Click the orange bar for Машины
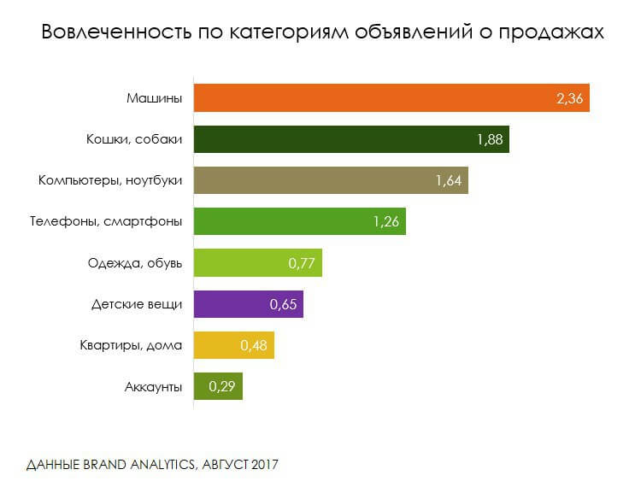tap(376, 98)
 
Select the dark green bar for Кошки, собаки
tap(342, 139)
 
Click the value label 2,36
tap(569, 99)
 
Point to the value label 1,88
tap(489, 140)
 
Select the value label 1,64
tap(449, 181)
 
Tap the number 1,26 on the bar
tap(386, 222)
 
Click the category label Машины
tap(154, 98)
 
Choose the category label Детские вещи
tap(137, 304)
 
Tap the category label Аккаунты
tap(153, 387)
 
